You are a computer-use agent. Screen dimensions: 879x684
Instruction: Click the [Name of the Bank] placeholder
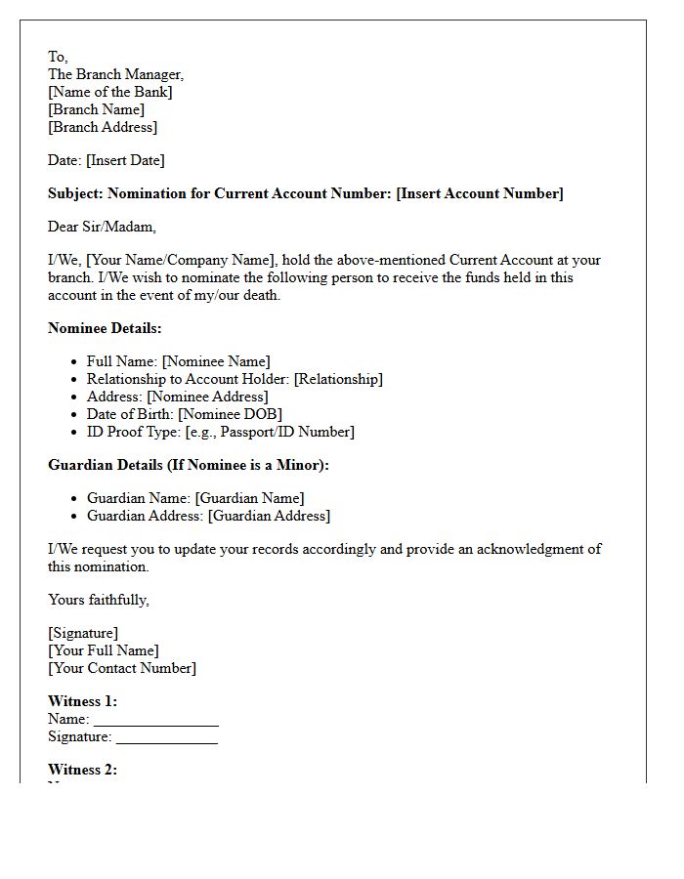[x=110, y=92]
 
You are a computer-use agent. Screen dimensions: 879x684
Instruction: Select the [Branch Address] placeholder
[x=103, y=127]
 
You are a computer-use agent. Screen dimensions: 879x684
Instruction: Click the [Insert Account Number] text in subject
[x=479, y=193]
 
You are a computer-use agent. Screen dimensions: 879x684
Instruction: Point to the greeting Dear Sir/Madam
[x=102, y=227]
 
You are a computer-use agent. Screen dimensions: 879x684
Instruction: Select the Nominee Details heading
[x=105, y=328]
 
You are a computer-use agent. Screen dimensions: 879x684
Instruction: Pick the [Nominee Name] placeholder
[x=216, y=361]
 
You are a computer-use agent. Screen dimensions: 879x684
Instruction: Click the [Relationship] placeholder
[x=338, y=379]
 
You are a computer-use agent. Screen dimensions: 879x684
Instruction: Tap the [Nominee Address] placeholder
[x=207, y=397]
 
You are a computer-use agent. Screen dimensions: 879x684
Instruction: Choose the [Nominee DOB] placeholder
[x=230, y=414]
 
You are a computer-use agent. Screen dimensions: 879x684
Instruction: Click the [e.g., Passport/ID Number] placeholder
[x=270, y=432]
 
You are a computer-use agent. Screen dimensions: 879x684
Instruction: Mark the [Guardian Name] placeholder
[x=249, y=498]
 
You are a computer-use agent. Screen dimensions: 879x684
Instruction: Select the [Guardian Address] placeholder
[x=269, y=516]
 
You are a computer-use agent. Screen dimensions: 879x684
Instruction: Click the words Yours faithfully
[x=99, y=600]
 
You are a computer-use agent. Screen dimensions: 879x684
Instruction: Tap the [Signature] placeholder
[x=83, y=633]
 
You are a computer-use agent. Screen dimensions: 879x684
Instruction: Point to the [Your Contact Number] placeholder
[x=122, y=668]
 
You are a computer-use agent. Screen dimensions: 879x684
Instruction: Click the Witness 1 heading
[x=82, y=701]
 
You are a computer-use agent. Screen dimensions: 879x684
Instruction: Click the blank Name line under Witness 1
[x=156, y=720]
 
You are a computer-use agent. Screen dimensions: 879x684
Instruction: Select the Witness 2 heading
[x=82, y=770]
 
